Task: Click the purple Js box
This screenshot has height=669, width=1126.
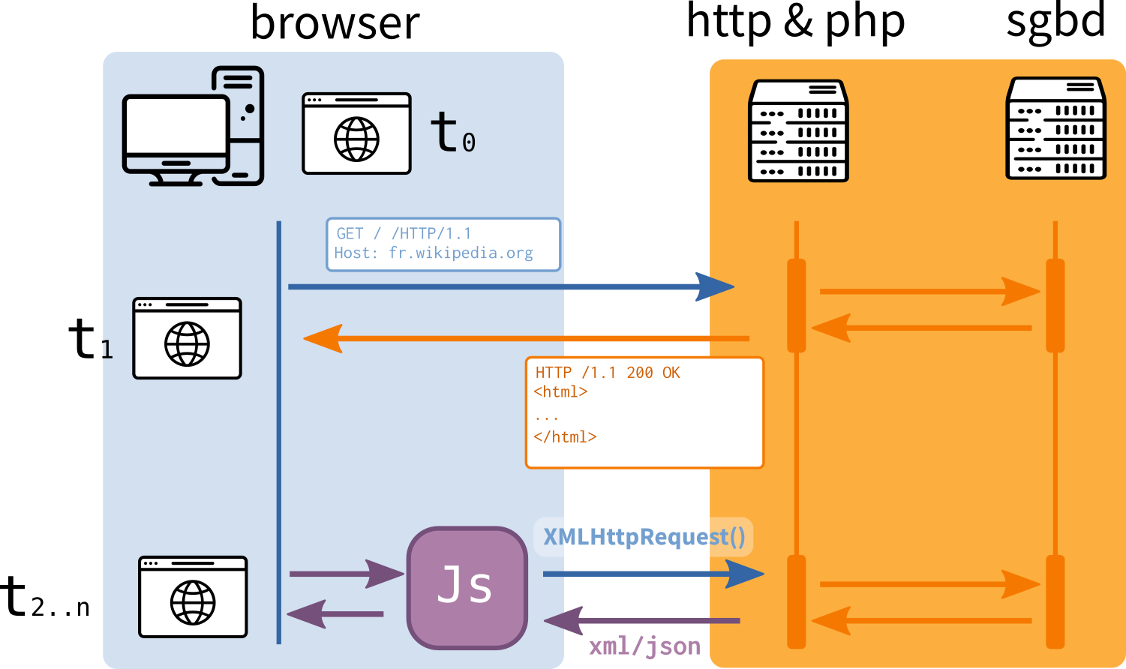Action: [x=467, y=587]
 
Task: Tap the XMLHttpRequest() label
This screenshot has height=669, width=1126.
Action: [x=644, y=537]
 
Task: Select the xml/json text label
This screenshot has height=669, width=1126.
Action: [x=644, y=646]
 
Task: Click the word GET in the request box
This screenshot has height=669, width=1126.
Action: [x=350, y=234]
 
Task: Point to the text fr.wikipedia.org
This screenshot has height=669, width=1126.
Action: [x=461, y=253]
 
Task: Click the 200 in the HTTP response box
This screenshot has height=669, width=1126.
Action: [x=640, y=373]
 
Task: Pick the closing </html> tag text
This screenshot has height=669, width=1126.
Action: [x=565, y=436]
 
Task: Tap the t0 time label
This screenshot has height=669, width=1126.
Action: [x=452, y=133]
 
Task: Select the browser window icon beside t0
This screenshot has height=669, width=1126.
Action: [x=356, y=133]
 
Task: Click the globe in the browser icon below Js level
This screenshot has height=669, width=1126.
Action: [x=193, y=603]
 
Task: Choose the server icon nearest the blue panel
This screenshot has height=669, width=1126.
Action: [x=798, y=130]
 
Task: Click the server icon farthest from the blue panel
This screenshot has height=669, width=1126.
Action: [x=1055, y=128]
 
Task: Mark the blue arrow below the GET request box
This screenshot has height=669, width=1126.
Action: [x=510, y=286]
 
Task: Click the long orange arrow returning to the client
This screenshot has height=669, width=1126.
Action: [x=525, y=339]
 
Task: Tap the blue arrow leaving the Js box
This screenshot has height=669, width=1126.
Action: [x=653, y=574]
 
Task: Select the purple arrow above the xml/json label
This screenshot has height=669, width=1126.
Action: [x=641, y=621]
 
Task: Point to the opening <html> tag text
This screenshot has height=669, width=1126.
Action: [x=560, y=391]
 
